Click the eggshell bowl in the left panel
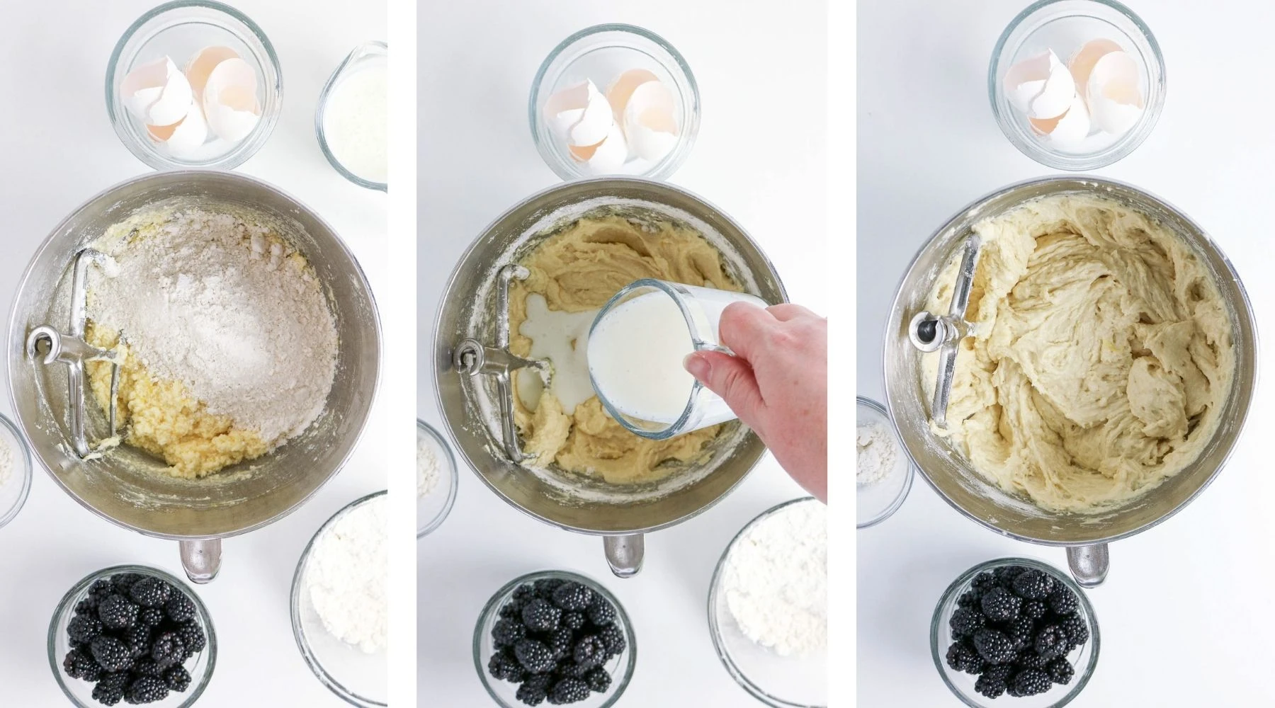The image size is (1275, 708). point(193,96)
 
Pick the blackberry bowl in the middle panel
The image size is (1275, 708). point(554,641)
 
